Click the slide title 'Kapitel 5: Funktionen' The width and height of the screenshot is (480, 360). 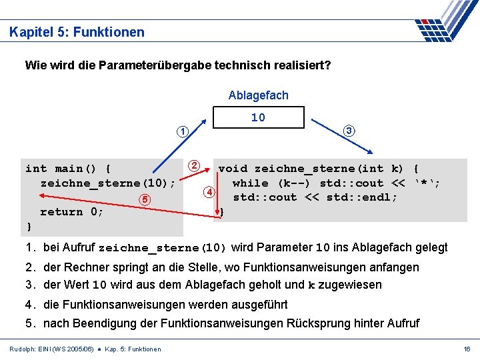point(77,32)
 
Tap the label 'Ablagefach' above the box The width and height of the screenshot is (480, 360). point(258,95)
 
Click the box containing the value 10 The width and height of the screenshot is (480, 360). point(258,118)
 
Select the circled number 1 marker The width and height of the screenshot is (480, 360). point(182,131)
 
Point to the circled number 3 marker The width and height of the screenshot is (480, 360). point(349,131)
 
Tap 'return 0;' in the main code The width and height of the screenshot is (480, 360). point(72,212)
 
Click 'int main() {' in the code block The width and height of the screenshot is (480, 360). point(68,169)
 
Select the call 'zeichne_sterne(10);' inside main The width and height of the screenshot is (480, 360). point(108,183)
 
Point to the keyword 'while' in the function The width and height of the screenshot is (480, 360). point(250,183)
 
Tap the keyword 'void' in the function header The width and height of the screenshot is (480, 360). point(233,169)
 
